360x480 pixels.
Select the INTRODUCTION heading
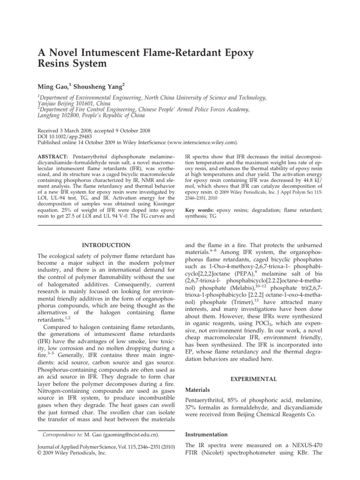(x=104, y=245)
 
